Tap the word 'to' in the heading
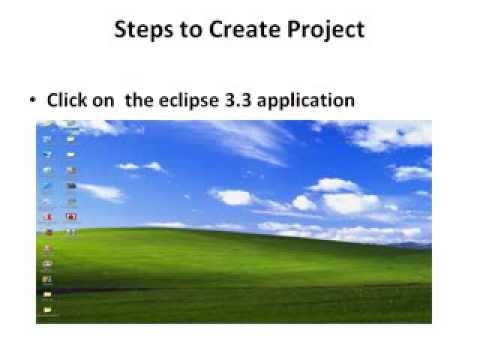click(x=193, y=29)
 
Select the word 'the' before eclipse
click(x=138, y=100)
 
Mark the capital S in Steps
click(x=121, y=29)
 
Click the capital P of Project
click(x=294, y=29)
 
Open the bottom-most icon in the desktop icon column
click(x=46, y=309)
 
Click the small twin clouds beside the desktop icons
click(x=141, y=166)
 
